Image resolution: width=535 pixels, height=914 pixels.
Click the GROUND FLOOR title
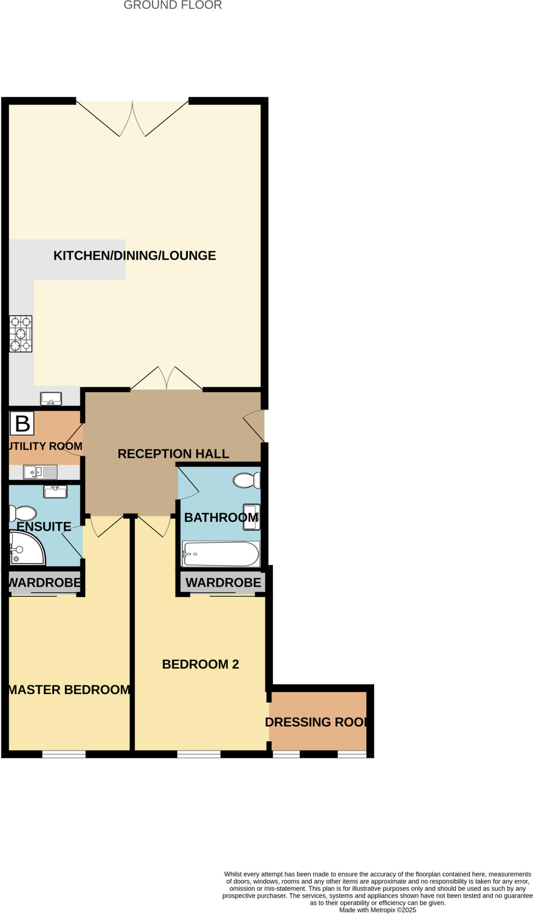point(172,5)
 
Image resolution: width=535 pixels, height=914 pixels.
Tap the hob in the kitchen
point(21,334)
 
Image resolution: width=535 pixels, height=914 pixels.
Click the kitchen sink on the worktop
point(51,398)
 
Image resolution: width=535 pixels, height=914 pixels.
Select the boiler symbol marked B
point(22,423)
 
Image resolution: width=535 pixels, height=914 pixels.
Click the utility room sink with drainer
point(40,472)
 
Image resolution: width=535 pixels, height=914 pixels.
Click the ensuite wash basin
point(55,491)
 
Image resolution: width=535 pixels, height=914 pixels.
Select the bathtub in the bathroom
point(221,554)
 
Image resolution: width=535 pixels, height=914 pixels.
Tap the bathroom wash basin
point(251,517)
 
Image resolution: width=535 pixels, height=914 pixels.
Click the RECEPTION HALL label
point(173,454)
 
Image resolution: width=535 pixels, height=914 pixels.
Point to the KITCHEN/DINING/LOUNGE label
point(134,256)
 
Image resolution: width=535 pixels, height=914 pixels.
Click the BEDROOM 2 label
point(201,665)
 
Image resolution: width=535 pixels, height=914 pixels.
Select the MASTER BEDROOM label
point(69,690)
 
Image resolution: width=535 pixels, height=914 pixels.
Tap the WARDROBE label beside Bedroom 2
point(223,582)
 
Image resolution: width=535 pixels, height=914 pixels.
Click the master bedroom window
point(64,754)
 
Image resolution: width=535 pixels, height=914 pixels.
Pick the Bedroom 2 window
point(199,754)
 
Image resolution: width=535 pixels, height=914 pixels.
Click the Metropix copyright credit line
point(377,910)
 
